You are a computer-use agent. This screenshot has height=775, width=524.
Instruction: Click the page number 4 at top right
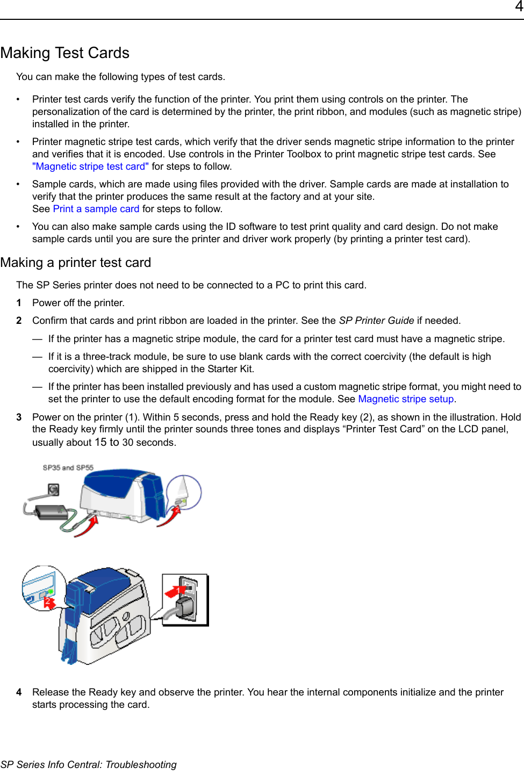tap(519, 7)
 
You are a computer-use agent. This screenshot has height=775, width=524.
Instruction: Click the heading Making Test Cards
tap(65, 53)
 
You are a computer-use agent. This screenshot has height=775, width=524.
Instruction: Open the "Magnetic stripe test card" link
tap(90, 166)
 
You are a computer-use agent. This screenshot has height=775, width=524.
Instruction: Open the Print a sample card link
tap(96, 209)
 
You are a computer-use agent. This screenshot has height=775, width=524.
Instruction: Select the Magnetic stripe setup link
tap(406, 399)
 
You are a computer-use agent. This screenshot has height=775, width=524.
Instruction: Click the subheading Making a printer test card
tap(76, 263)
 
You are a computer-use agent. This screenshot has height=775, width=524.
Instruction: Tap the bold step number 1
tap(19, 303)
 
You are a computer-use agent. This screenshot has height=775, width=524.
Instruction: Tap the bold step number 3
tap(19, 417)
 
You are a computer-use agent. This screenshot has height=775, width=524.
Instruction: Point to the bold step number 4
tap(19, 692)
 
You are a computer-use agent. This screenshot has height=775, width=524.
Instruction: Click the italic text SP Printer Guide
tap(376, 321)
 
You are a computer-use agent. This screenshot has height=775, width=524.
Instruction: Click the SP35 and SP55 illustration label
tap(68, 468)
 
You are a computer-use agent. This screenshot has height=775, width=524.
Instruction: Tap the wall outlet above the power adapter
tap(53, 489)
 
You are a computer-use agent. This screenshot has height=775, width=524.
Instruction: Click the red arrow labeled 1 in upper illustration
tap(88, 526)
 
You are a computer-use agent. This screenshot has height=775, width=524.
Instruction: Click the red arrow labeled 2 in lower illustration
tap(49, 602)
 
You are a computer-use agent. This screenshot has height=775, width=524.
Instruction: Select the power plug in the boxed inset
tap(185, 607)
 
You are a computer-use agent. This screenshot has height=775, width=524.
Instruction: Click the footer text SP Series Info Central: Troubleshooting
tap(89, 764)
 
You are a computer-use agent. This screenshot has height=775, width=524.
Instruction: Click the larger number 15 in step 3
tap(101, 442)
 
